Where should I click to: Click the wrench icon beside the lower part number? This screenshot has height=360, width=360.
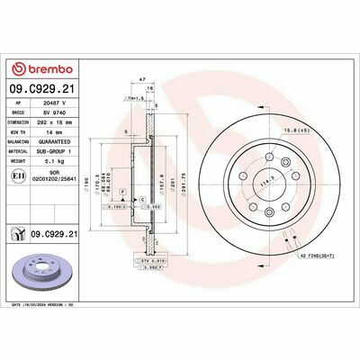point(19,235)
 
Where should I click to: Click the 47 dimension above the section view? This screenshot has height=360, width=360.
point(142,80)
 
